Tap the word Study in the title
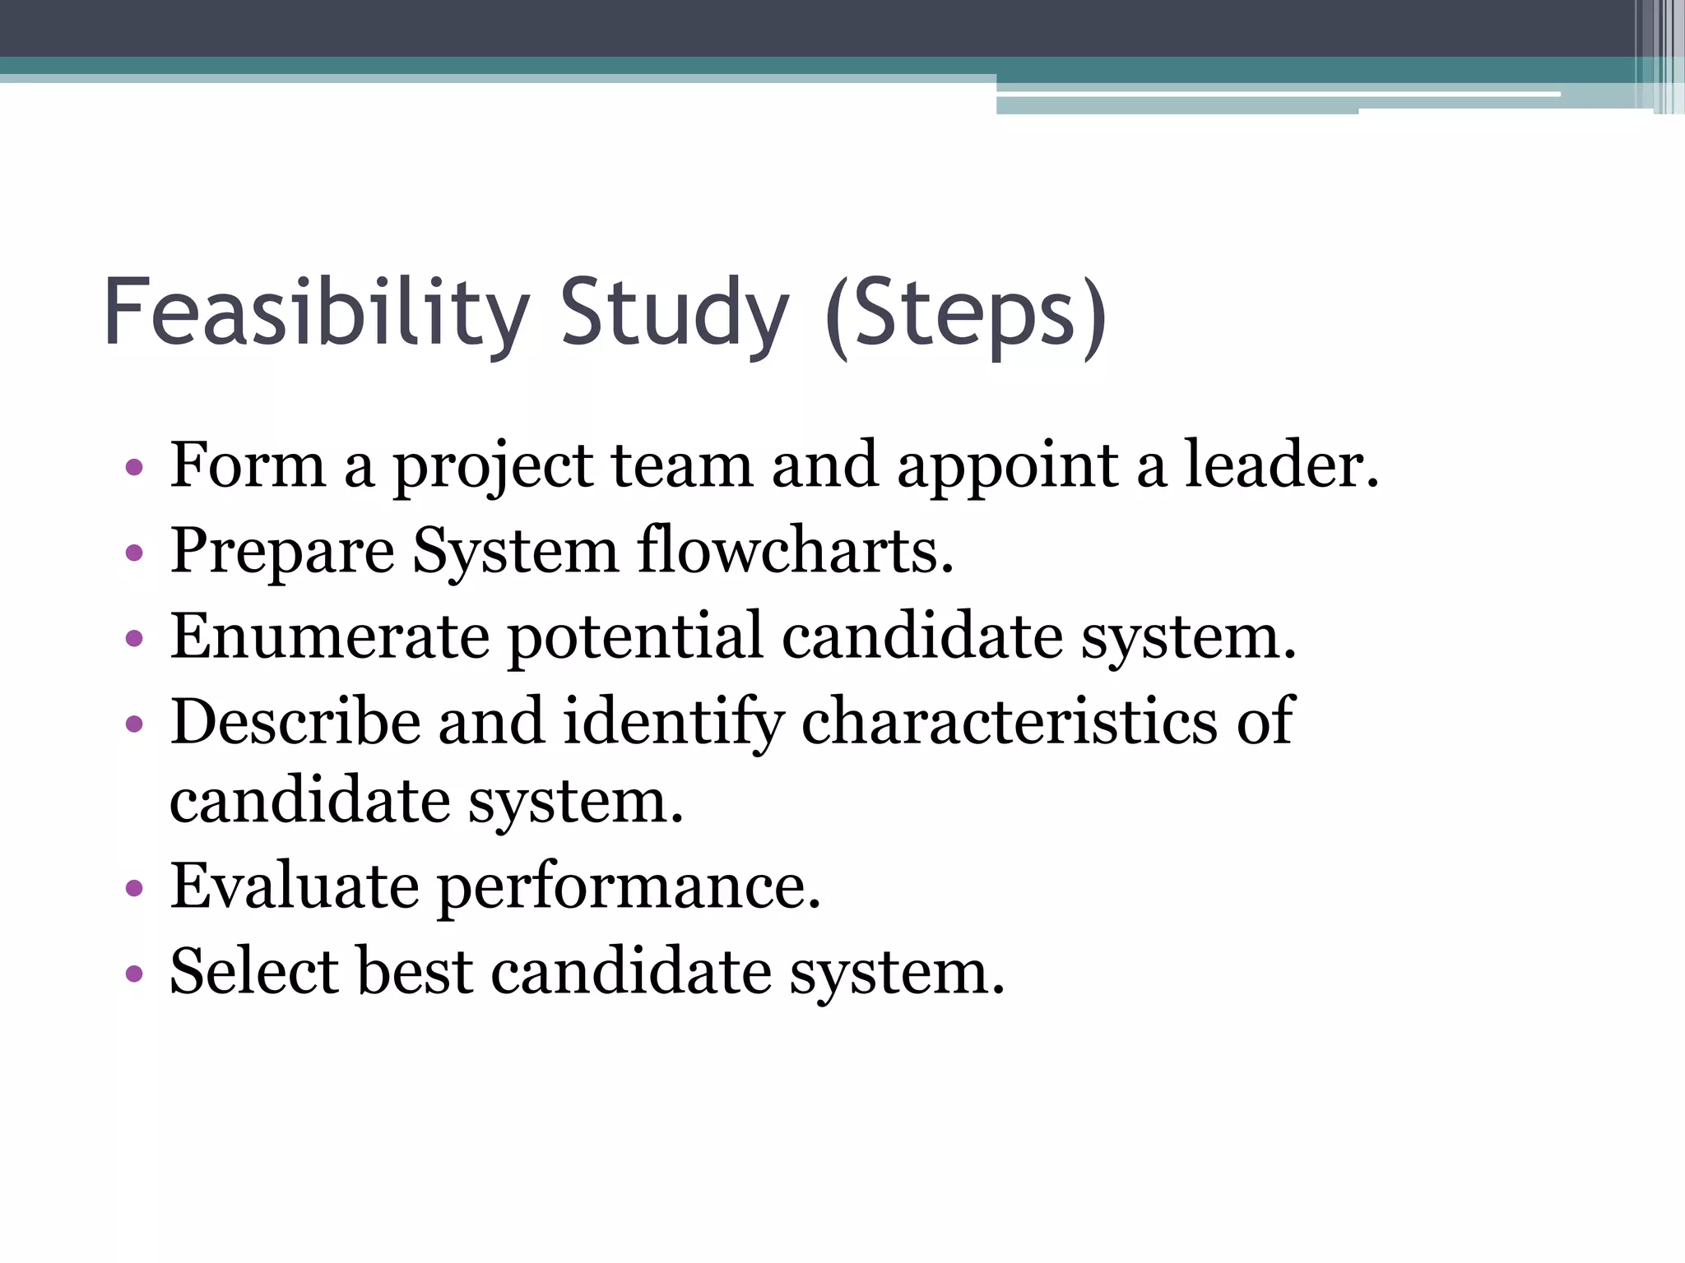(674, 312)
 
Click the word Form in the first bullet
(248, 465)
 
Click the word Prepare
(282, 552)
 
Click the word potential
(635, 637)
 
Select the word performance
(628, 889)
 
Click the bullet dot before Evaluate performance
(134, 889)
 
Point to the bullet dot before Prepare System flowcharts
(134, 553)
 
